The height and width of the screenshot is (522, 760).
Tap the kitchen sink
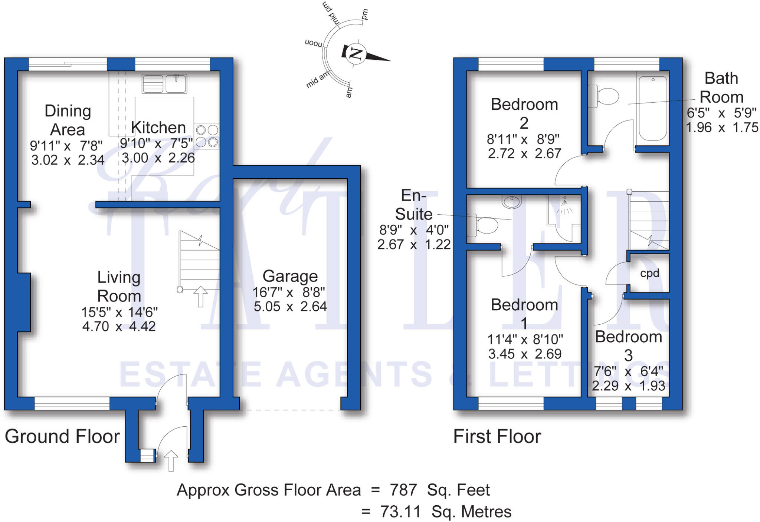coord(164,84)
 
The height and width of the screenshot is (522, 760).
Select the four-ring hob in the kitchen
coord(207,136)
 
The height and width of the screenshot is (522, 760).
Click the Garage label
coord(290,276)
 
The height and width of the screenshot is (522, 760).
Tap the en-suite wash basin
coord(512,201)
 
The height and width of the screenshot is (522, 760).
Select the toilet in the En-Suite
coord(483,225)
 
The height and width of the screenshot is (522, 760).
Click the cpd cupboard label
coord(649,274)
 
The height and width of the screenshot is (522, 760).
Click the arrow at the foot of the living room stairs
coord(200,296)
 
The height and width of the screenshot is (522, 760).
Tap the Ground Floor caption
coord(62,436)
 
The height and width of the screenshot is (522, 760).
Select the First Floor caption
coord(497,436)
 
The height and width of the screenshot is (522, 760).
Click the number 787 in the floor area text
coord(403,490)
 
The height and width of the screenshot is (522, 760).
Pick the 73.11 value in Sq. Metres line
coord(400,512)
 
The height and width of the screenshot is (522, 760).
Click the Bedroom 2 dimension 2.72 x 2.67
coord(524,153)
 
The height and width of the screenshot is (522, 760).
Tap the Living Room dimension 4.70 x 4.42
coord(119,327)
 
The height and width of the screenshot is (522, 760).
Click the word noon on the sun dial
coord(314,43)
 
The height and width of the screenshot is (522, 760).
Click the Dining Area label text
coord(68,120)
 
